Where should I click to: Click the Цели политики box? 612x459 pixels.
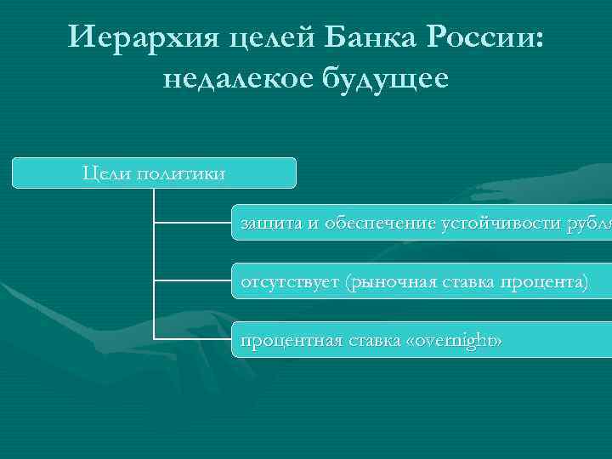tap(154, 173)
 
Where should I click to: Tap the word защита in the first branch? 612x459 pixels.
tap(270, 224)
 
